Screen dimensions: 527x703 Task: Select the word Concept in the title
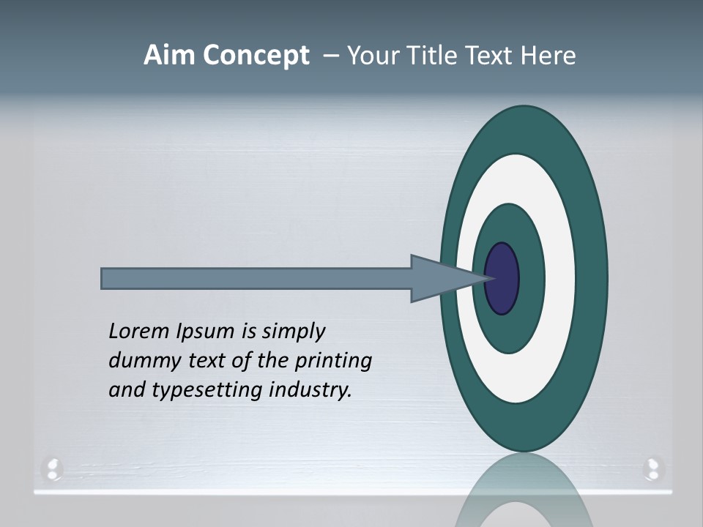click(256, 56)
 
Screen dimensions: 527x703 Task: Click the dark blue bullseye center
click(502, 278)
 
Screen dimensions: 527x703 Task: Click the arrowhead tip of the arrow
click(486, 278)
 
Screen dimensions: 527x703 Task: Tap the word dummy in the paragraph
click(139, 360)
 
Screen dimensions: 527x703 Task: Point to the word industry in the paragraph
click(310, 389)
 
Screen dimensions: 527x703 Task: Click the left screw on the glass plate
click(53, 468)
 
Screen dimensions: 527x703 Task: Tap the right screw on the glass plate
click(652, 468)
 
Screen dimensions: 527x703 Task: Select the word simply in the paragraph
click(293, 332)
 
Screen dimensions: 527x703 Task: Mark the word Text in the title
click(491, 56)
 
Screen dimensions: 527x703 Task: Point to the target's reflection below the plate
click(524, 494)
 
